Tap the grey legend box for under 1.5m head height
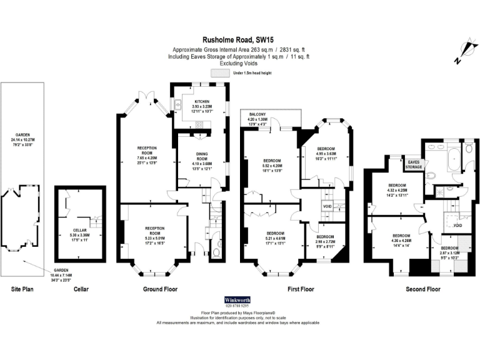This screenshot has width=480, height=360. click(x=220, y=73)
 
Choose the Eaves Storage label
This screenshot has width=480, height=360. click(x=414, y=164)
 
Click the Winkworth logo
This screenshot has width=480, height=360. click(x=240, y=299)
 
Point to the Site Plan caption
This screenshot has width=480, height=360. click(x=23, y=289)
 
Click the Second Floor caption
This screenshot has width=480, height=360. click(x=422, y=289)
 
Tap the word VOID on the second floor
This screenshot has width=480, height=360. click(x=457, y=225)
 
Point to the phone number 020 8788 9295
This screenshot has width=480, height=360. click(x=240, y=306)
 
